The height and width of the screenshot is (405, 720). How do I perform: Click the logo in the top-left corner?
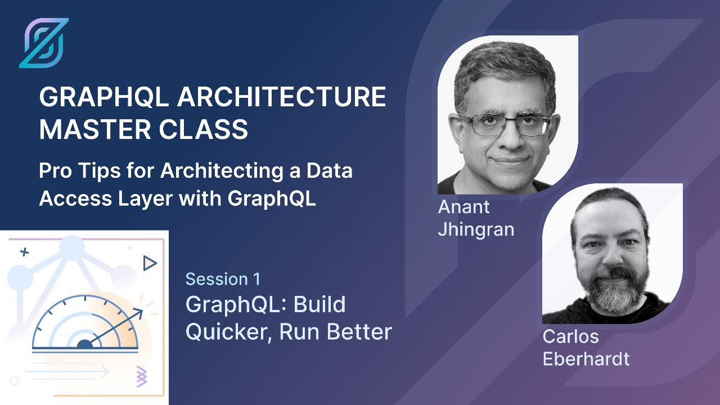[43, 43]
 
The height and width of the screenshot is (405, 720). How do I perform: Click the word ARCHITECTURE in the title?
[282, 98]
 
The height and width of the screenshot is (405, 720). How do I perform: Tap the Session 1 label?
[223, 279]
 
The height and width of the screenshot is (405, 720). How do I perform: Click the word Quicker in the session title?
[229, 332]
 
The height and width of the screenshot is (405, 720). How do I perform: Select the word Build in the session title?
[319, 305]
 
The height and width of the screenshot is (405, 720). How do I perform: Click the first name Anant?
[463, 207]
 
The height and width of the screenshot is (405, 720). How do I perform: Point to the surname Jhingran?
[476, 229]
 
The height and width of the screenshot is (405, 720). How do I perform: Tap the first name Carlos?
[570, 336]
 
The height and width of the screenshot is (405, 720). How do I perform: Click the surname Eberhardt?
[586, 359]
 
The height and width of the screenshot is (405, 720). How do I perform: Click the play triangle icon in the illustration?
[149, 263]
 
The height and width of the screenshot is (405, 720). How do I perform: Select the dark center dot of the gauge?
[84, 344]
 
